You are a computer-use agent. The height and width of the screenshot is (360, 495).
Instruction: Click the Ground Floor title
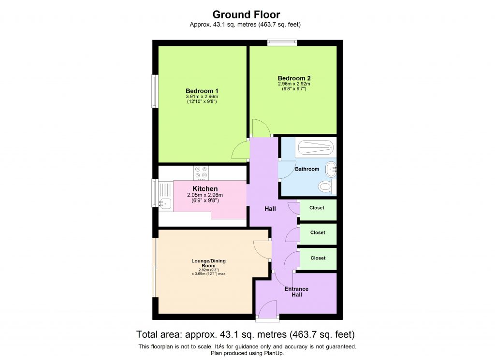[x=246, y=14]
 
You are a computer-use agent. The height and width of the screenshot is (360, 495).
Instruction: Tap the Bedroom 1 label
[x=202, y=91]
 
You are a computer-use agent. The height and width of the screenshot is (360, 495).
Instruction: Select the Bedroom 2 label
[x=294, y=78]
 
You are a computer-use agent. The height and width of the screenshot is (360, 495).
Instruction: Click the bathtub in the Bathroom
[x=315, y=146]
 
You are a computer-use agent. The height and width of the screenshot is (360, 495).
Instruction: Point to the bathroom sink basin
[x=331, y=169]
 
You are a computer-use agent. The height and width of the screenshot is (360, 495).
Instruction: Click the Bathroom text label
[x=307, y=169]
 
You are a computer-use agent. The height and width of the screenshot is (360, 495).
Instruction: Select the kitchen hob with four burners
[x=201, y=173]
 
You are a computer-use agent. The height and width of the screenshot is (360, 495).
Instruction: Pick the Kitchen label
[x=205, y=188]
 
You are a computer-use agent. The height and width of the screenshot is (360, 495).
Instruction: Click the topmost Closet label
[x=317, y=208]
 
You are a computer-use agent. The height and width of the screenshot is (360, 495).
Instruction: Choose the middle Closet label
[x=318, y=232]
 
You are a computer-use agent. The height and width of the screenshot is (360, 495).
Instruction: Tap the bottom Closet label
[x=318, y=258]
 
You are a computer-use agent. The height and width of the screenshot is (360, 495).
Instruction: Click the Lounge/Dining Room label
[x=208, y=263]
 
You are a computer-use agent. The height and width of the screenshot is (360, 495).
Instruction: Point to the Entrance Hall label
[x=296, y=291]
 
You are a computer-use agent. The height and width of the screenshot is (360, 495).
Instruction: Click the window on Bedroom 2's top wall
[x=282, y=43]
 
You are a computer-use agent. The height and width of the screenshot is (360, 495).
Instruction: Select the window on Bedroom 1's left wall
[x=155, y=91]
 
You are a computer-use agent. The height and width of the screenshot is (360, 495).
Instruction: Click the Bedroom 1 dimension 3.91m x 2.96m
[x=202, y=97]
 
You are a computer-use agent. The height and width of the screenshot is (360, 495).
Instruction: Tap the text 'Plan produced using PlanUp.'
[x=247, y=353]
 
